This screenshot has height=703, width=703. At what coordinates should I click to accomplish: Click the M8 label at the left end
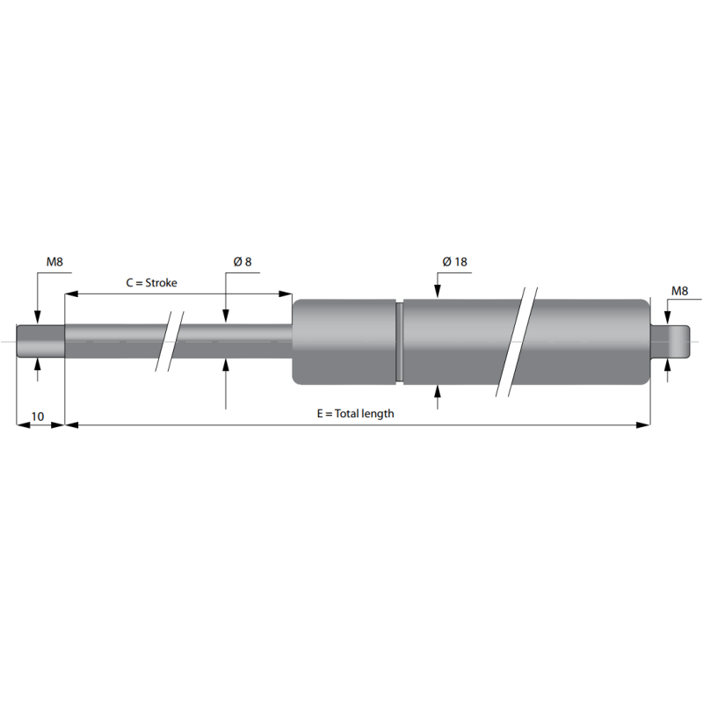[x=54, y=261]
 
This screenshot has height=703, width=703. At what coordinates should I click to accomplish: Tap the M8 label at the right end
[x=679, y=291]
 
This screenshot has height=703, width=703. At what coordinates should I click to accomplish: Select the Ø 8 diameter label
[x=243, y=261]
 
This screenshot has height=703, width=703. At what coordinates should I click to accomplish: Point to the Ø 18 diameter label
[x=454, y=261]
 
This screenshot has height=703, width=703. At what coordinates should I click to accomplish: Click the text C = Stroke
[x=151, y=282]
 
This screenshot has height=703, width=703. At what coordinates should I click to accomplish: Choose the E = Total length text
[x=356, y=413]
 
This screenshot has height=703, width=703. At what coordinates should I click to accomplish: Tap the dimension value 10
[x=38, y=417]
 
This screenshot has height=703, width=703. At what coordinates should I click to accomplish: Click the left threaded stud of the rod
[x=40, y=341]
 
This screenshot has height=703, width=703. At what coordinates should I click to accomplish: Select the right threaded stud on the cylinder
[x=670, y=342]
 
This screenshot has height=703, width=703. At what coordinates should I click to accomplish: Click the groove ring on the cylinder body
[x=400, y=342]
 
